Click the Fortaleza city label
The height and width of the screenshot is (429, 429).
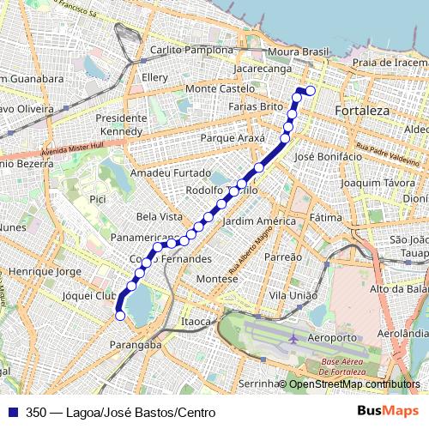click(x=364, y=112)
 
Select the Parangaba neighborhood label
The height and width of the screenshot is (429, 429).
click(x=136, y=345)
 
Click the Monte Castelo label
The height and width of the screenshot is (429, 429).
click(x=221, y=88)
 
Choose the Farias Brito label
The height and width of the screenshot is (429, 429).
click(x=256, y=106)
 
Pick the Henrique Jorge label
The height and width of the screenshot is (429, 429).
click(x=45, y=271)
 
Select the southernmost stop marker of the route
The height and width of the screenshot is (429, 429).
click(x=120, y=316)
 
